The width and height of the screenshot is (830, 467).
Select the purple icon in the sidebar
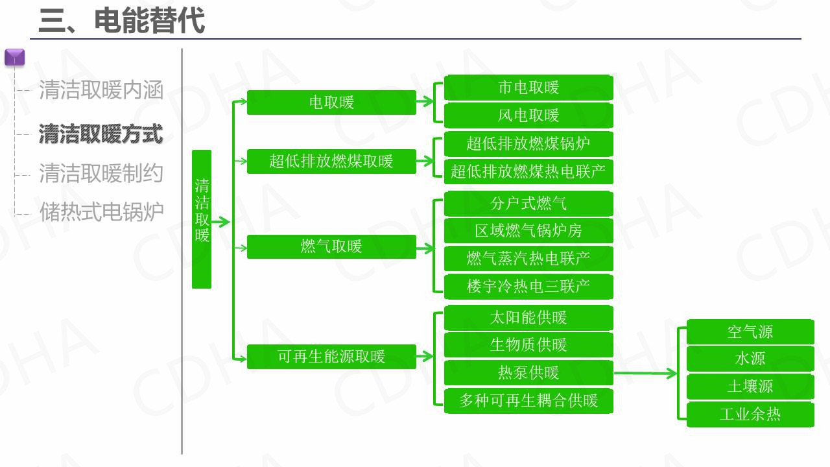[x=14, y=58]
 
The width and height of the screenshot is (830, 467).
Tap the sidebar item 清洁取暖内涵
[x=101, y=90]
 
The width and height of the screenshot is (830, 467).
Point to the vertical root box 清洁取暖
[x=202, y=219]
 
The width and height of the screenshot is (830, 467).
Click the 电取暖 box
[x=331, y=102]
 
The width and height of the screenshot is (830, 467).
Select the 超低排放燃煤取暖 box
[x=331, y=161]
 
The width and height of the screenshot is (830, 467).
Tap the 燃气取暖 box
[x=331, y=246]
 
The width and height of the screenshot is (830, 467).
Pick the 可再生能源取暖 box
[x=331, y=357]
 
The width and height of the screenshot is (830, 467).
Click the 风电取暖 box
[x=528, y=115]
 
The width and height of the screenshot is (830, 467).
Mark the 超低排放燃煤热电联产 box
[x=528, y=172]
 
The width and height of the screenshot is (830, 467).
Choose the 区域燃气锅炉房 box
[x=528, y=231]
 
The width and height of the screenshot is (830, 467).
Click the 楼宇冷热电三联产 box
[x=528, y=287]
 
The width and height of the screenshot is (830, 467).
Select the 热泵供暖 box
[x=528, y=373]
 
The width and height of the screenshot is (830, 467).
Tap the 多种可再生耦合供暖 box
[x=528, y=401]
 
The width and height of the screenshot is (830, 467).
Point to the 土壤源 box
[x=750, y=387]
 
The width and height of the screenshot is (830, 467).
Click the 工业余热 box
[x=750, y=414]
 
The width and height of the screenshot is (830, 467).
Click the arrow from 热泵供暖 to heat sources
[x=645, y=374]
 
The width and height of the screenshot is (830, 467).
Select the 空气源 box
[x=750, y=332]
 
